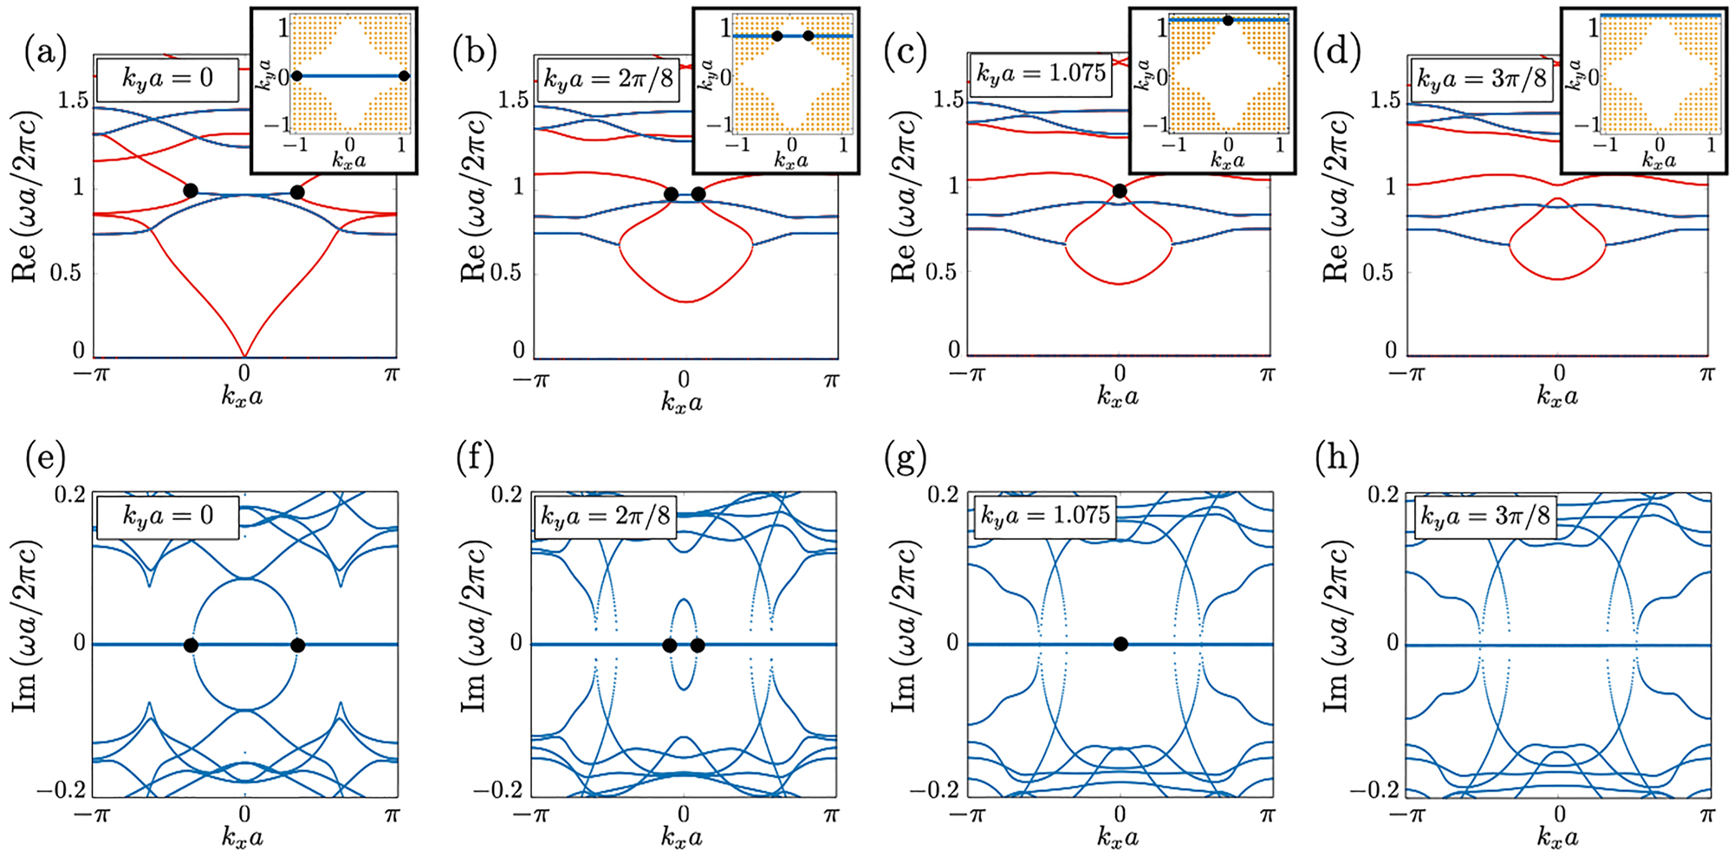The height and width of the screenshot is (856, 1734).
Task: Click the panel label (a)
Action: tap(45, 54)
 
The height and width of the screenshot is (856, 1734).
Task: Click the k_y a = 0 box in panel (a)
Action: tap(166, 79)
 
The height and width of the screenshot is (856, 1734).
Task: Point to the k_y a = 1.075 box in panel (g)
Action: tap(1043, 516)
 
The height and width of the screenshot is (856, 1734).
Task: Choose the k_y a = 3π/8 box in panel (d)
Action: tap(1480, 79)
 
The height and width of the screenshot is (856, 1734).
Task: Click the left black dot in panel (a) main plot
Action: tap(191, 191)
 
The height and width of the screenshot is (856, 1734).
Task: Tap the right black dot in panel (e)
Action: tap(297, 645)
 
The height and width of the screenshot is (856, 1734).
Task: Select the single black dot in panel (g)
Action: tap(1120, 644)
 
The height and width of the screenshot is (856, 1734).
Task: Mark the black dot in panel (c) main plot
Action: tap(1120, 191)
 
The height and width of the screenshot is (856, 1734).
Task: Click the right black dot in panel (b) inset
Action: tap(808, 36)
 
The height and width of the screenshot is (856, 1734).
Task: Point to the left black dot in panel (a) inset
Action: tap(296, 76)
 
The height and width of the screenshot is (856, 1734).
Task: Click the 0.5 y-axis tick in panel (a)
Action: tap(75, 272)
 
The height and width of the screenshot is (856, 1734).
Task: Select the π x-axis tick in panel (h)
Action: tap(1706, 814)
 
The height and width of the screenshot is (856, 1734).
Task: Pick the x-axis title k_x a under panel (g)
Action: tap(1118, 838)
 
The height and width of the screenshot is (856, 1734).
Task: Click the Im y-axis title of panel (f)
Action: tap(473, 644)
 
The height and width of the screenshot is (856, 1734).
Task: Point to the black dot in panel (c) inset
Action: tap(1227, 19)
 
